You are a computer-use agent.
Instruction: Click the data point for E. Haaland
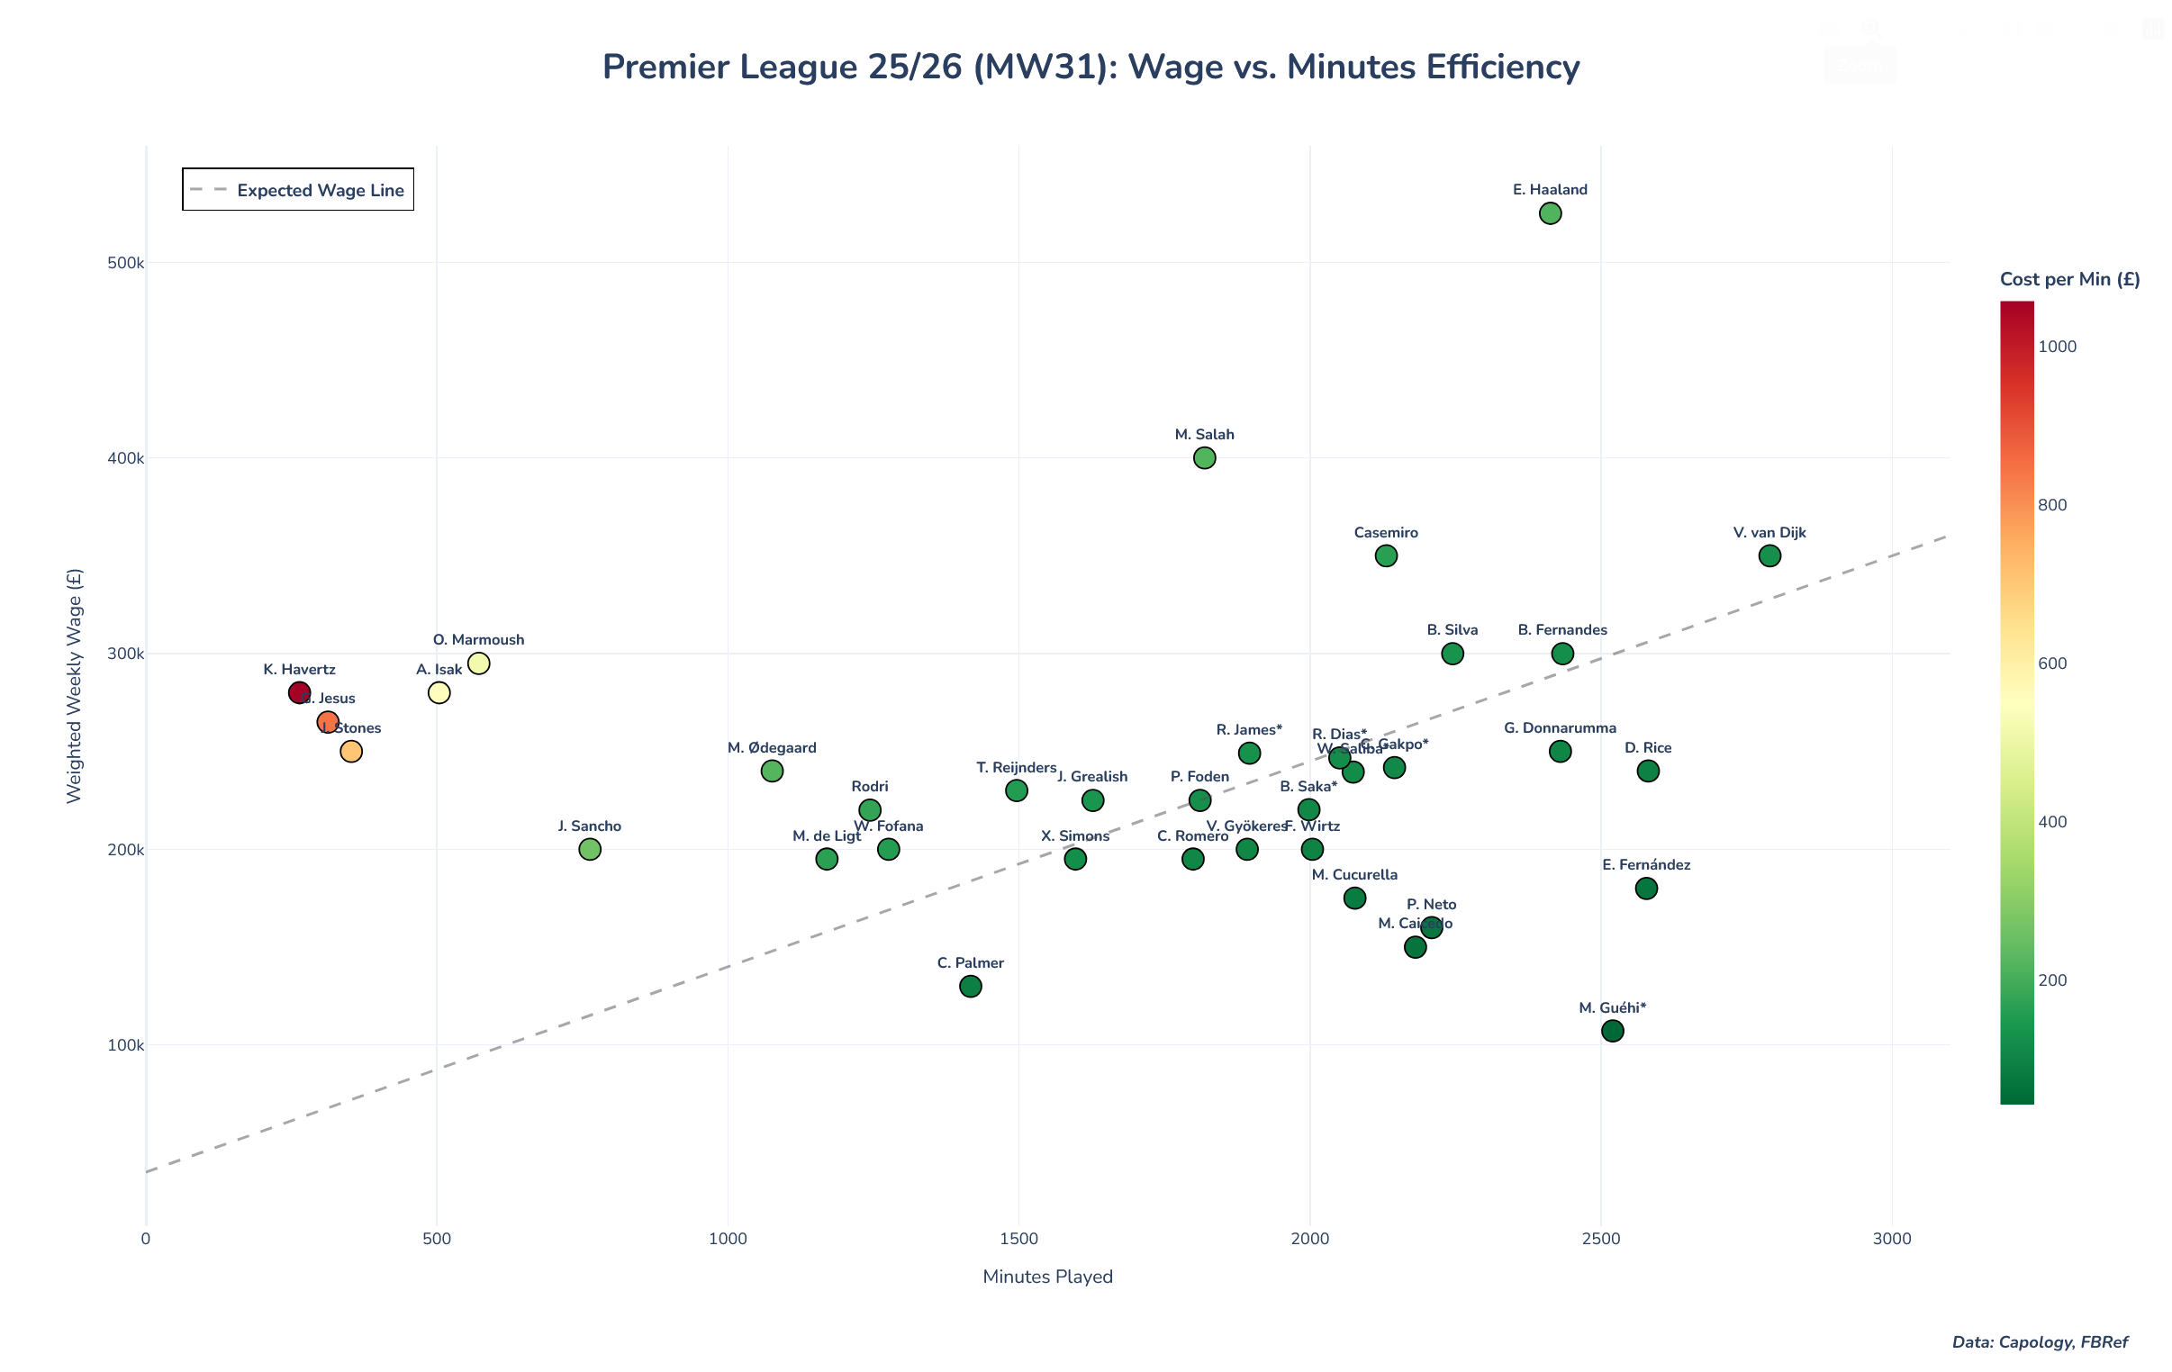pyautogui.click(x=1550, y=213)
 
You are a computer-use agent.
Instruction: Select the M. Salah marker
pyautogui.click(x=1204, y=458)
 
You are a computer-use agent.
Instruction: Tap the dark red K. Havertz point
pyautogui.click(x=300, y=693)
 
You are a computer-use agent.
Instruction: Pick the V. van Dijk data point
pyautogui.click(x=1769, y=555)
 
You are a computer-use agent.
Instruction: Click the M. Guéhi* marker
pyautogui.click(x=1613, y=1031)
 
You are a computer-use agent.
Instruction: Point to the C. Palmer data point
pyautogui.click(x=971, y=986)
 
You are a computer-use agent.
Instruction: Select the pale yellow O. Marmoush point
pyautogui.click(x=479, y=663)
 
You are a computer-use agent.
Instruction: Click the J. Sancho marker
pyautogui.click(x=590, y=849)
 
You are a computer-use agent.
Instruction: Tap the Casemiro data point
pyautogui.click(x=1387, y=555)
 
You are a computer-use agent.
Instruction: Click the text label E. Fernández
pyautogui.click(x=1646, y=865)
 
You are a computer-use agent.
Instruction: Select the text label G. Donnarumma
pyautogui.click(x=1560, y=728)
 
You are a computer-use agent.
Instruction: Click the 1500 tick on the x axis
pyautogui.click(x=1018, y=1240)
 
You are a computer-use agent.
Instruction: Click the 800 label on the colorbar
pyautogui.click(x=2052, y=505)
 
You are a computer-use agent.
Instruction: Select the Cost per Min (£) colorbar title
pyautogui.click(x=2069, y=280)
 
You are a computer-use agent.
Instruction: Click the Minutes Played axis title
pyautogui.click(x=1047, y=1277)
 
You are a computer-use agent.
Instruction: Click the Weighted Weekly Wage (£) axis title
pyautogui.click(x=74, y=685)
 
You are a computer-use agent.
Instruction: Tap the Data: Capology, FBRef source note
pyautogui.click(x=2040, y=1342)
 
